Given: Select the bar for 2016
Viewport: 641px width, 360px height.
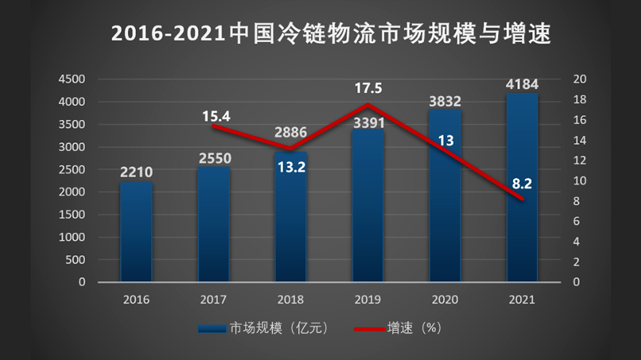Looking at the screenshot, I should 136,231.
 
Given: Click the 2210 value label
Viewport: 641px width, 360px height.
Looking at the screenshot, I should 136,172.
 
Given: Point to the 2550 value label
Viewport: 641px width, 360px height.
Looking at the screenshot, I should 215,159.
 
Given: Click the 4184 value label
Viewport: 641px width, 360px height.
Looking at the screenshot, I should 523,85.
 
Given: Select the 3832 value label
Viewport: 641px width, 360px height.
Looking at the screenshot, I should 445,101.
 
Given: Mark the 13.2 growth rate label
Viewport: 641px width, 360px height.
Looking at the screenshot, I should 291,166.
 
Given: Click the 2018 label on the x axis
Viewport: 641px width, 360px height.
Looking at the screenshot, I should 291,299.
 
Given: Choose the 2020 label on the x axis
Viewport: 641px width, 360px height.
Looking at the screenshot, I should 445,299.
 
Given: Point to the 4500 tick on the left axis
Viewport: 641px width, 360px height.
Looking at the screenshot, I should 71,79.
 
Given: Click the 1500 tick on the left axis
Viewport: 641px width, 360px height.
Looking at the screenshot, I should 71,214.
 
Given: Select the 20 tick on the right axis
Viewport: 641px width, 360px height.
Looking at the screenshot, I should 580,79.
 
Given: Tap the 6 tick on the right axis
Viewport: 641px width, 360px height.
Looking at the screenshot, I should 576,221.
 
